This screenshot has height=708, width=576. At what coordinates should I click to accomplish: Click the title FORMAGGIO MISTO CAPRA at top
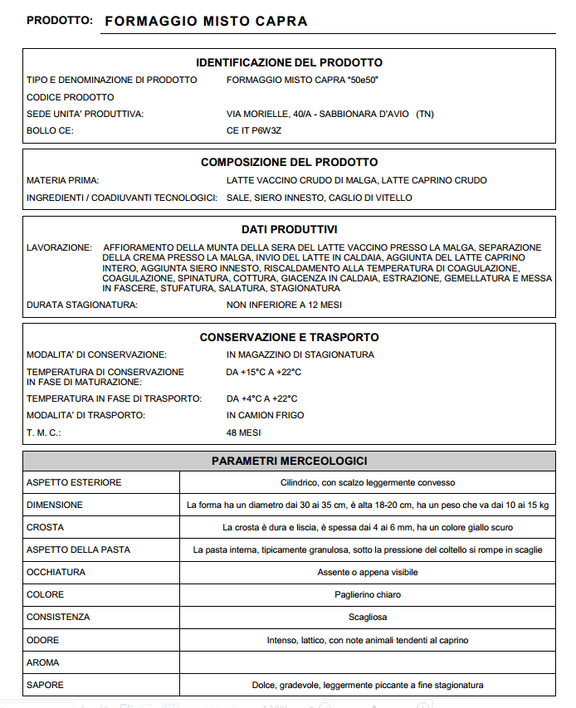click(205, 22)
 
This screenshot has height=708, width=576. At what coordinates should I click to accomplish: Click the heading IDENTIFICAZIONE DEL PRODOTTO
click(289, 63)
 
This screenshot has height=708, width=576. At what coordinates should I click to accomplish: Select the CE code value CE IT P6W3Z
click(254, 130)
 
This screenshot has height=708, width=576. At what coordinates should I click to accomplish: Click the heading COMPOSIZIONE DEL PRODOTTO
click(289, 163)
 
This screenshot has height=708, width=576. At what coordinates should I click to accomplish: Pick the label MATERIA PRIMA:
click(63, 180)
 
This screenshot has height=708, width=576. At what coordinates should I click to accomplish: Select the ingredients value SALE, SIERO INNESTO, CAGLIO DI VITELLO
click(319, 198)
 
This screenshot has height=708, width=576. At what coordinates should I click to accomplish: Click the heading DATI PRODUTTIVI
click(289, 229)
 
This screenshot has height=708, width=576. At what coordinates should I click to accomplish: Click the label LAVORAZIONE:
click(59, 247)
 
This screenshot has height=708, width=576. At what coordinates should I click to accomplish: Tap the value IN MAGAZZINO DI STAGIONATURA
click(300, 354)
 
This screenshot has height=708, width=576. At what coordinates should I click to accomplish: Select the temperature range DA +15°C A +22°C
click(264, 372)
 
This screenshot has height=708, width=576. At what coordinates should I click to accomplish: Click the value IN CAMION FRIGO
click(265, 415)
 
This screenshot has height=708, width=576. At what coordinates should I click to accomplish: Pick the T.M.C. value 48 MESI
click(243, 433)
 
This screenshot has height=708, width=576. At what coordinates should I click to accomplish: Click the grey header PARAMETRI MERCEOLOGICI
click(289, 461)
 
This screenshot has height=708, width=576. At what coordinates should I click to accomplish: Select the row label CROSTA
click(45, 527)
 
